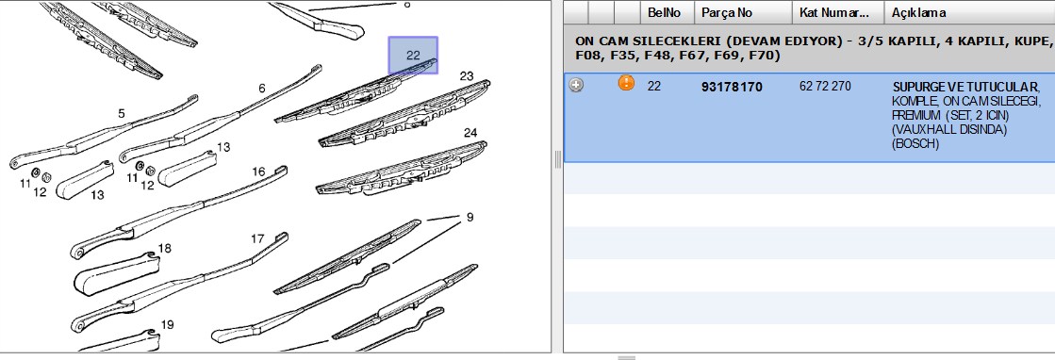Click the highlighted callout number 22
click(413, 56)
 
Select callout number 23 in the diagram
click(467, 76)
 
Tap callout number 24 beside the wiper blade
click(470, 133)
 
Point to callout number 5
click(122, 114)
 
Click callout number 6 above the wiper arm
click(262, 89)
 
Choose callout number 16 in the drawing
click(258, 172)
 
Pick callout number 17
click(257, 238)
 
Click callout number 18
click(164, 248)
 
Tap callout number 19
click(168, 325)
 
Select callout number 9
click(470, 217)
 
